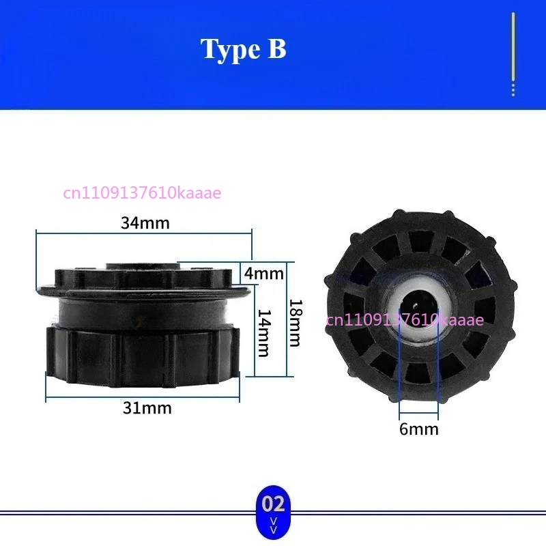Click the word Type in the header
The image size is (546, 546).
[227, 49]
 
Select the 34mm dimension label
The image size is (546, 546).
[145, 222]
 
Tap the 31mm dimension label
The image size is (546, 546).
[147, 408]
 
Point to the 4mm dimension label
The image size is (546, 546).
[263, 274]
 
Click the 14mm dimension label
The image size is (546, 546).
[263, 332]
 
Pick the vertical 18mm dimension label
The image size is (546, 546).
[295, 323]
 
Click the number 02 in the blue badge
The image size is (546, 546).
[273, 504]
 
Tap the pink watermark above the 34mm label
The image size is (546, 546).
[142, 193]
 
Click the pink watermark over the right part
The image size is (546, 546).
[405, 319]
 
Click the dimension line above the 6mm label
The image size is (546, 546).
[419, 413]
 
